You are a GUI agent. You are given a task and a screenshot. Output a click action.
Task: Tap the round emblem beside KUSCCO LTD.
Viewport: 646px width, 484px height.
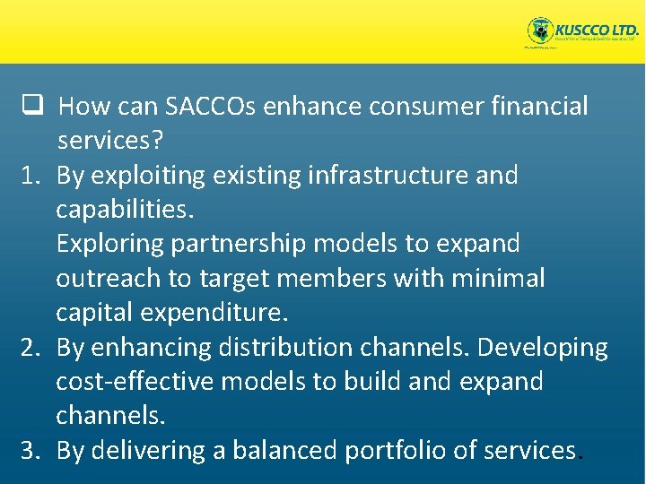coord(540,31)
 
